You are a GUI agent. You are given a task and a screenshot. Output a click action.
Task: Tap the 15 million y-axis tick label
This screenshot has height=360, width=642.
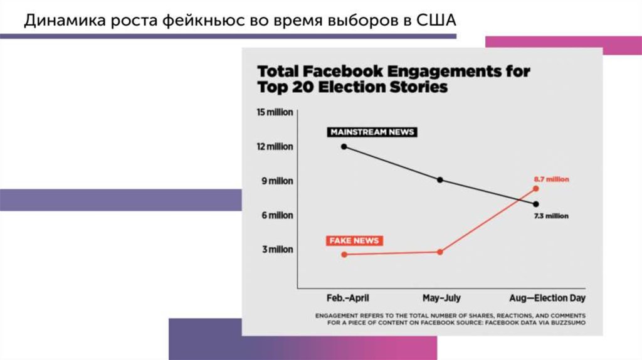pos(275,112)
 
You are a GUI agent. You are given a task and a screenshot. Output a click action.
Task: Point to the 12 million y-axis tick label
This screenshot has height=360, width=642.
pos(275,147)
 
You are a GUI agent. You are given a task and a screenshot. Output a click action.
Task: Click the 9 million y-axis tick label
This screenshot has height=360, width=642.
pos(276,181)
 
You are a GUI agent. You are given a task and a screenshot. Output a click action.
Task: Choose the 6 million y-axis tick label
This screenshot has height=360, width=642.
pos(276,215)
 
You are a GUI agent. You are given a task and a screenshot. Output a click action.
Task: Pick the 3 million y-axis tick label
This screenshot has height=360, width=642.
pos(276,250)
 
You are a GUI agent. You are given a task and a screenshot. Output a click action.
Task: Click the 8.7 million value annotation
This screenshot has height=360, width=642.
pos(550,179)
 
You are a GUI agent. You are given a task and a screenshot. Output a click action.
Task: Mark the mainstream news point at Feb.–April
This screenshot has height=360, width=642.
pos(344,147)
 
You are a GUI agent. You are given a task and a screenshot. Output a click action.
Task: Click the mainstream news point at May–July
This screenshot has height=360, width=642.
pos(440,180)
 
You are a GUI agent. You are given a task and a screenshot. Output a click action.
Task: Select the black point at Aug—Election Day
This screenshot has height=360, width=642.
pos(536,204)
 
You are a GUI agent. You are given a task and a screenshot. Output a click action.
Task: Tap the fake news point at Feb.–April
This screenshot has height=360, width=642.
pos(344,254)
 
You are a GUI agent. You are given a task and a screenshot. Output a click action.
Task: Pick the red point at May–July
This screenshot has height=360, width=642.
pos(440,252)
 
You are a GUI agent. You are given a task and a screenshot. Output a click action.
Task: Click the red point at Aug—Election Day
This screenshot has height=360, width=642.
pos(536,188)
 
